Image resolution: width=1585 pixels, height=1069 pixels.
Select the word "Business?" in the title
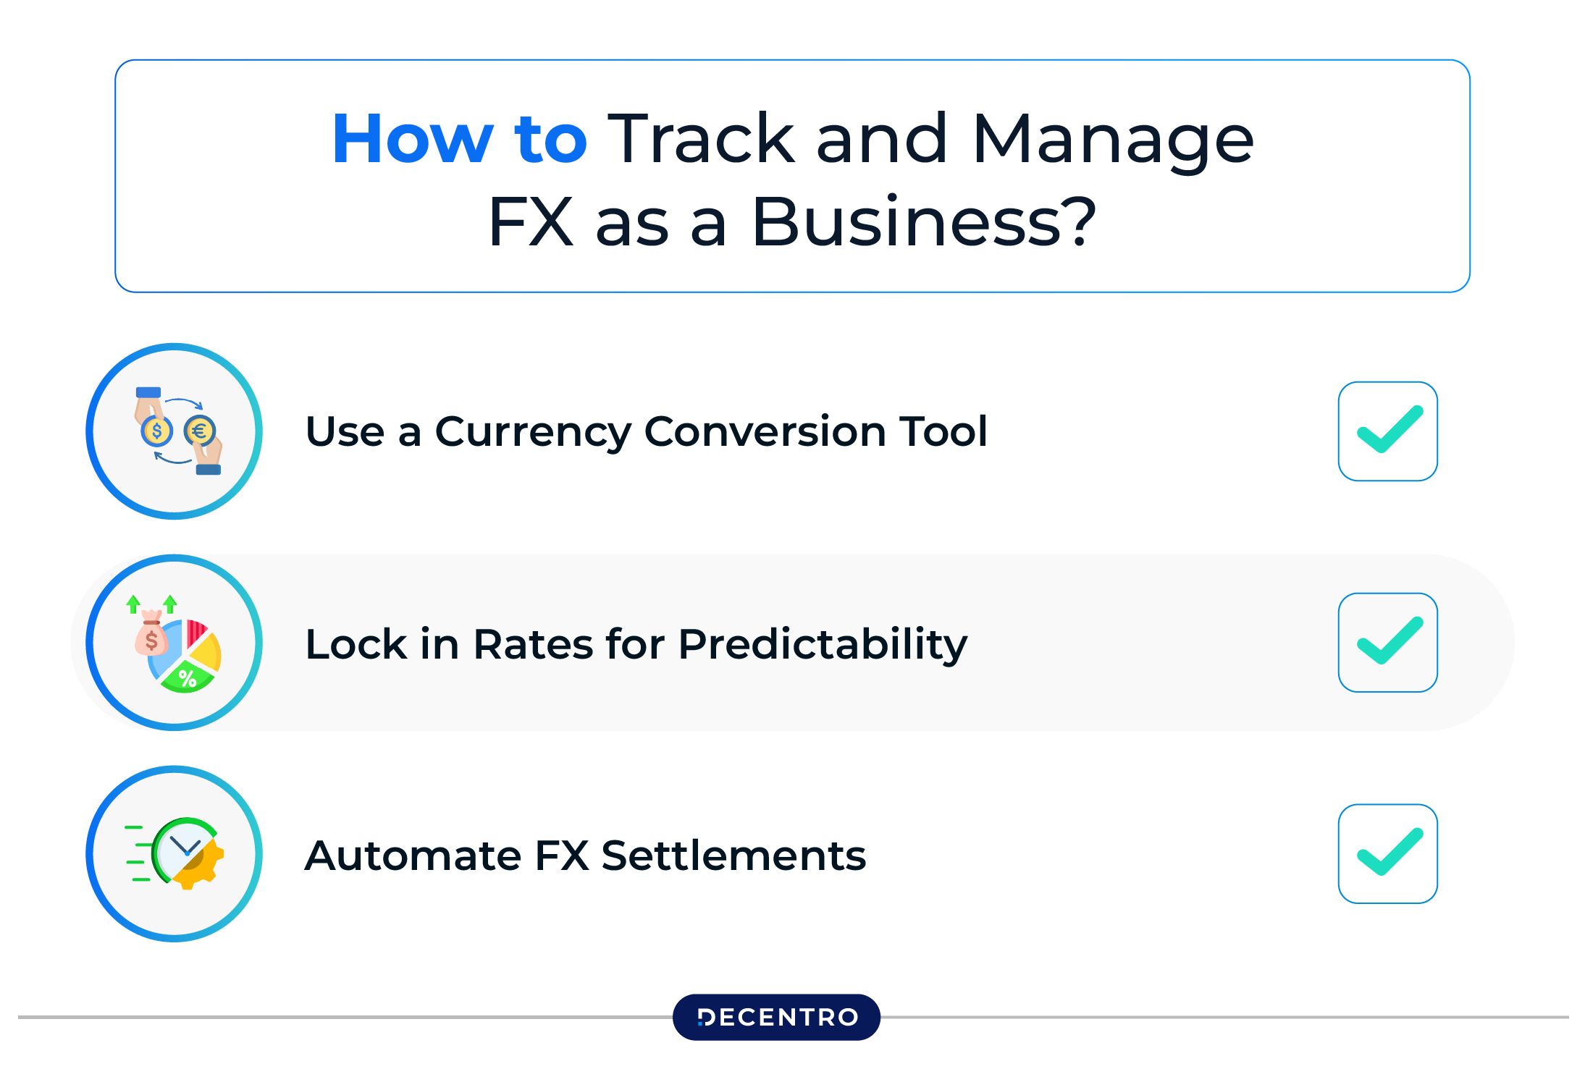click(923, 221)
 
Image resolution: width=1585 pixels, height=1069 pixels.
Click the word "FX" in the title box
click(531, 221)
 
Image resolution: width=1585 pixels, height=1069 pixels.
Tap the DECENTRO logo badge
click(776, 1017)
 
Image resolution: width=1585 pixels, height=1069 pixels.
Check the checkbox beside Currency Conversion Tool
click(1387, 431)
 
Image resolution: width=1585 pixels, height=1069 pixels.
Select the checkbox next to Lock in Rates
click(1387, 643)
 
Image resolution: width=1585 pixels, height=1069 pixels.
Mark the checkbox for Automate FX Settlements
click(1387, 854)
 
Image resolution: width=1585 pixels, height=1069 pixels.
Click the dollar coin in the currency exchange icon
click(156, 431)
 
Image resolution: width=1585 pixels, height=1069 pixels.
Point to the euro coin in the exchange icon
click(200, 431)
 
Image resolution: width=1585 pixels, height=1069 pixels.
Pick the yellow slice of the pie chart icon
click(206, 652)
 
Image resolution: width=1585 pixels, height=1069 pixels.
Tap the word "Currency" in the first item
click(532, 432)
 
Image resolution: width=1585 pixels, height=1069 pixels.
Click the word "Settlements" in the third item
click(733, 855)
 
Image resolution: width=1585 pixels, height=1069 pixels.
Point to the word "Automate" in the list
click(413, 855)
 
